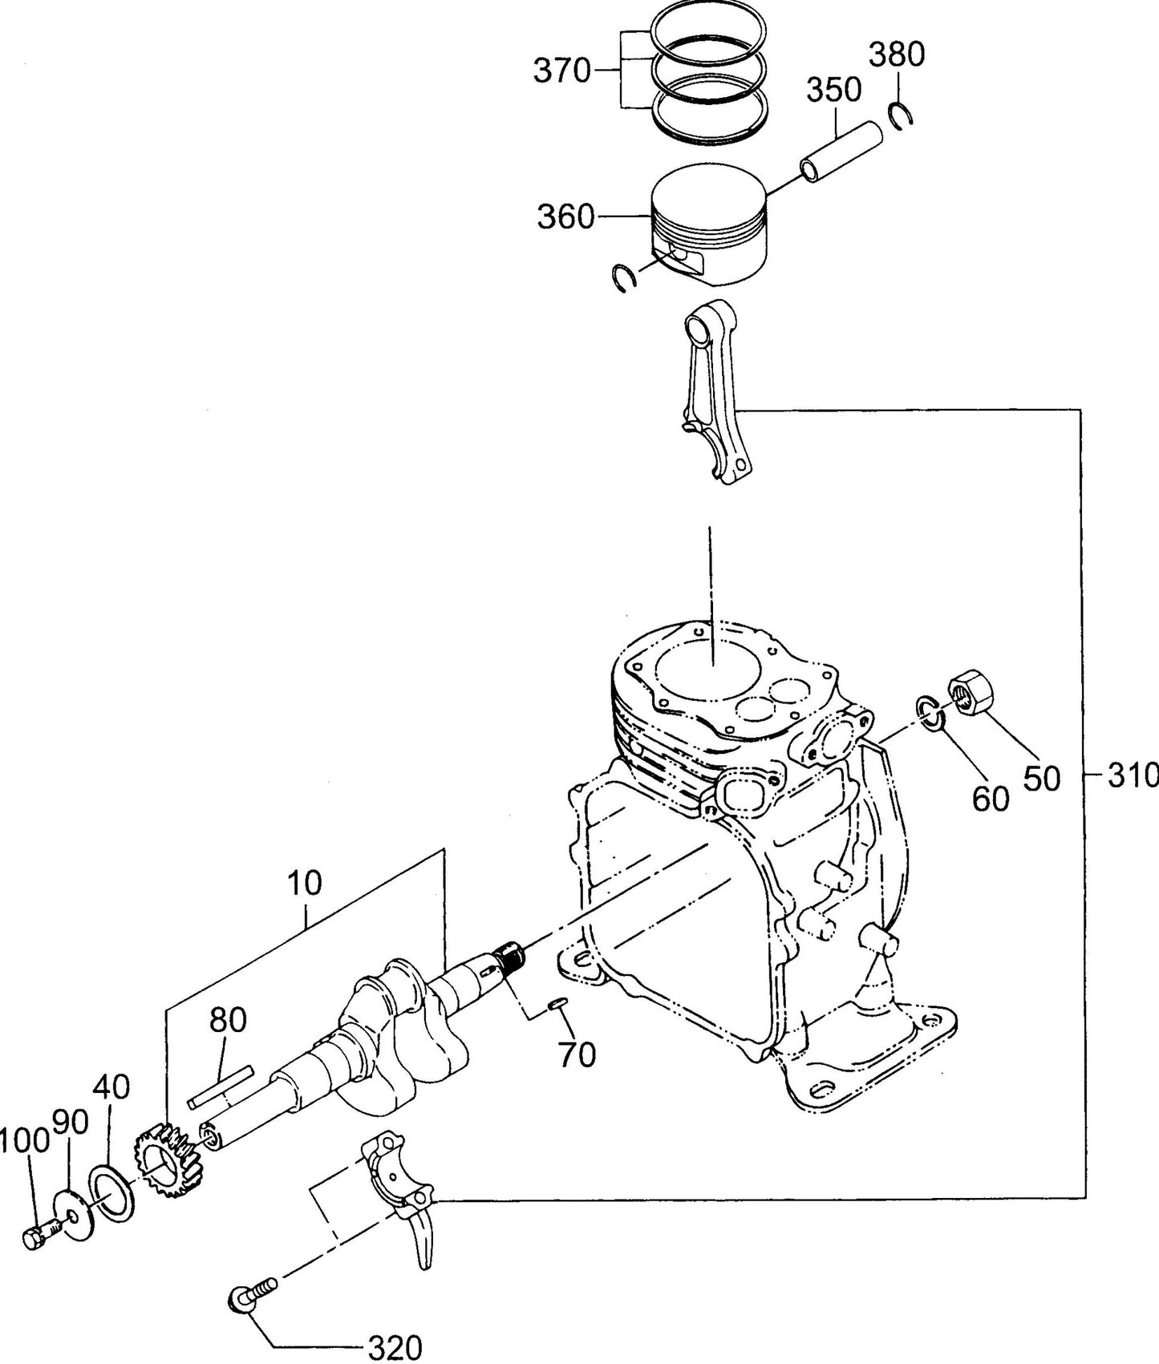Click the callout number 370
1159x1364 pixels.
tap(561, 72)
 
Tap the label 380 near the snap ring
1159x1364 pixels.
tap(897, 55)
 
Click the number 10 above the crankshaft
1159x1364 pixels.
tap(305, 883)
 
